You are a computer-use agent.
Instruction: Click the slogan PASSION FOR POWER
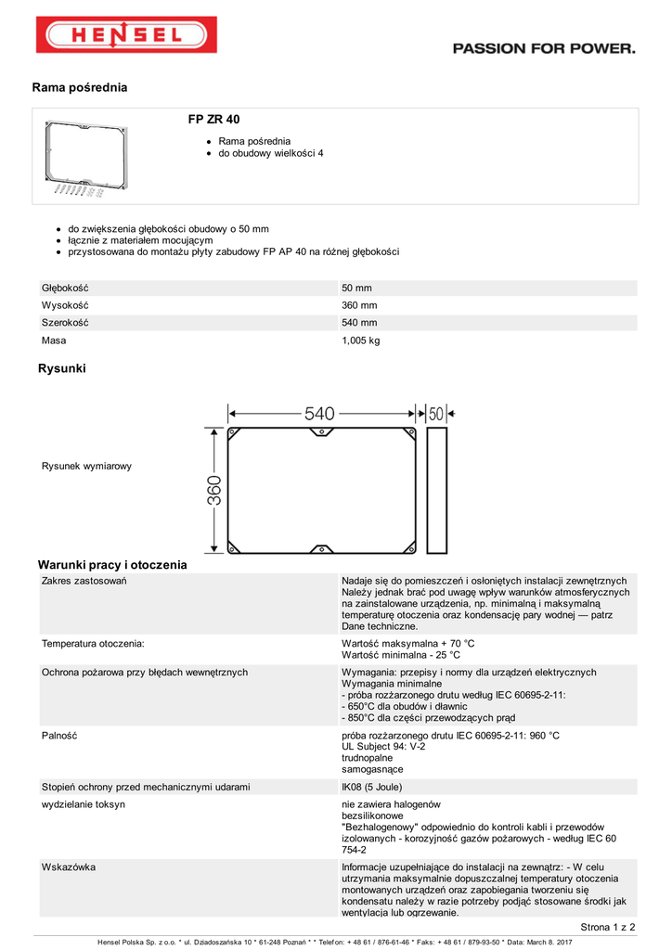tap(544, 49)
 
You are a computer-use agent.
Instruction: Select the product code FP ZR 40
tap(214, 120)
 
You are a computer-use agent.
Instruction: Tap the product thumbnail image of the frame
tap(85, 157)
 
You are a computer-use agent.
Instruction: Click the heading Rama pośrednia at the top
tap(79, 88)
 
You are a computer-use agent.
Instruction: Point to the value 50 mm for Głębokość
tap(356, 289)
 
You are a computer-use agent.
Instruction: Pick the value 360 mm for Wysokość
tap(359, 305)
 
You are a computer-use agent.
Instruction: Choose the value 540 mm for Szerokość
tap(359, 323)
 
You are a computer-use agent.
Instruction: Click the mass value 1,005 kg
tap(361, 340)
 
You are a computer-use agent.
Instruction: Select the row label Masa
tap(54, 340)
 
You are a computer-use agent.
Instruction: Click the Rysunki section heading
tap(61, 369)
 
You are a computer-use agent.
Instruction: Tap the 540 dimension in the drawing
tap(319, 414)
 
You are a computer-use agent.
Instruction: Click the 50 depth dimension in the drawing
tap(436, 415)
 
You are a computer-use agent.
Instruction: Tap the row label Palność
tap(58, 736)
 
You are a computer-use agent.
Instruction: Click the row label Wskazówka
tap(69, 867)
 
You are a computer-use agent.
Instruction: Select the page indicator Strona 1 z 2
tap(608, 927)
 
